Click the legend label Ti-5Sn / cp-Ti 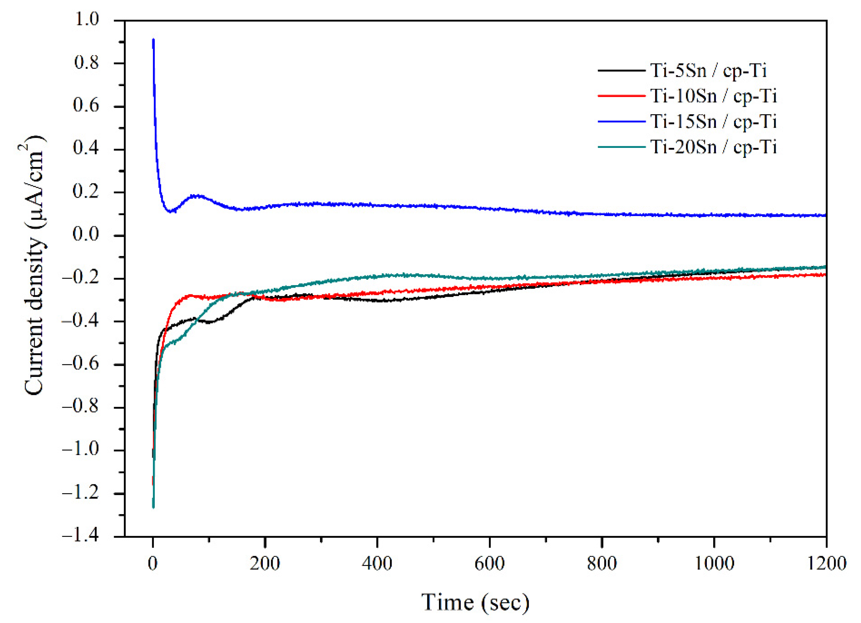(x=709, y=71)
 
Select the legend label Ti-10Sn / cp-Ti (x=713, y=96)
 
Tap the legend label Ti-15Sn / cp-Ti (x=713, y=122)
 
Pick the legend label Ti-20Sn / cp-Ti (x=713, y=147)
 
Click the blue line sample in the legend (x=621, y=122)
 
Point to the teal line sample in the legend (x=621, y=147)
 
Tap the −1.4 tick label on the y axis (x=80, y=536)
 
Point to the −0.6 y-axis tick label (x=80, y=364)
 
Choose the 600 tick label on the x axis (x=489, y=563)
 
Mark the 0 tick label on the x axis (x=152, y=563)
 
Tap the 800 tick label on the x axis (x=602, y=563)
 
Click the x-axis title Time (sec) (x=475, y=602)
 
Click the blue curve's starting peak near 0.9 (x=153, y=39)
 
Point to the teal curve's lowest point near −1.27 (x=153, y=507)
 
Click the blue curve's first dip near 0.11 (x=170, y=210)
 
